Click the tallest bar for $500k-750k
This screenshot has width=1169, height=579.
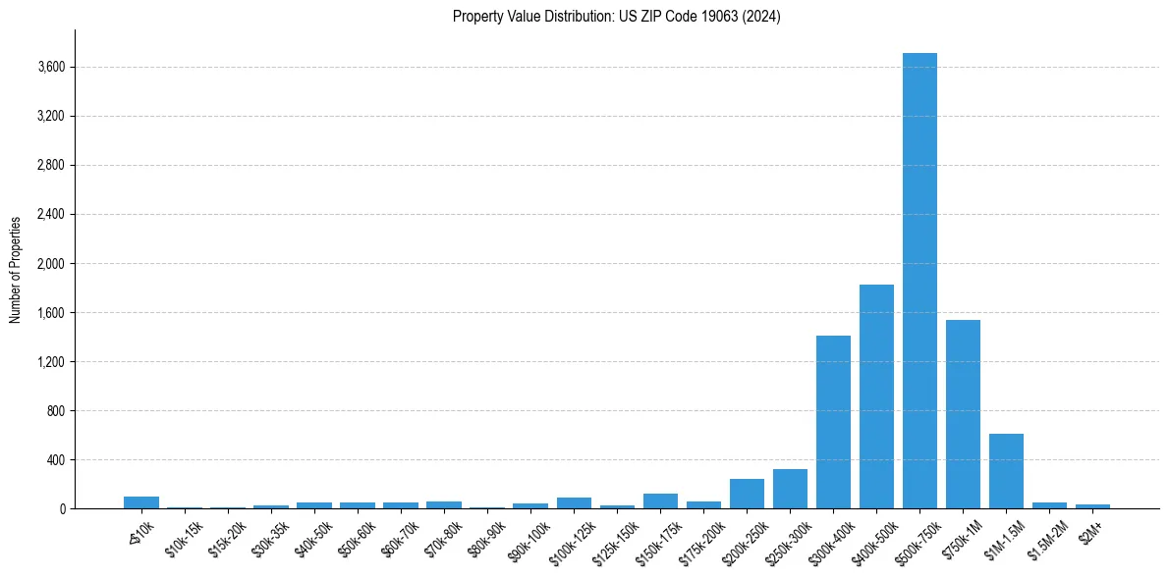919,281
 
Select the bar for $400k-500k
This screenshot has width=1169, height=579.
876,396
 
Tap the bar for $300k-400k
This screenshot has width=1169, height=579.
833,422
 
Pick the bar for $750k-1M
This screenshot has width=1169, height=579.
963,414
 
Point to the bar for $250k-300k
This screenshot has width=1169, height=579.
790,489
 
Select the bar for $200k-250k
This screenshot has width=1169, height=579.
747,494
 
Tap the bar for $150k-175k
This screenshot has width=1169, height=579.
660,500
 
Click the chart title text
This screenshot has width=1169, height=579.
617,17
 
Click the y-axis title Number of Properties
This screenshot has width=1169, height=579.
16,269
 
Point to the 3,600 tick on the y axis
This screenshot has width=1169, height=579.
51,67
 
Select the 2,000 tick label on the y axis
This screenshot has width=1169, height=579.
51,263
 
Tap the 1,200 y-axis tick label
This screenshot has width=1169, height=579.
51,361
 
